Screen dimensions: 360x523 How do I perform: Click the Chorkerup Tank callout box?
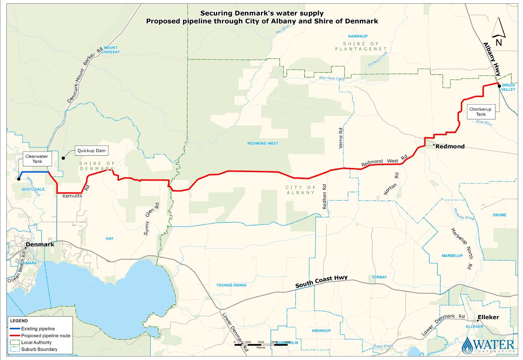[x=480, y=112]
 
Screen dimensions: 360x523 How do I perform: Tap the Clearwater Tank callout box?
[x=37, y=159]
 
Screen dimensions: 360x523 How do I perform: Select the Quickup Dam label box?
[x=91, y=151]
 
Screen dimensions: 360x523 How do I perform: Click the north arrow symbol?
[x=498, y=32]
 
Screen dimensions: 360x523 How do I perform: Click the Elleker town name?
[x=488, y=317]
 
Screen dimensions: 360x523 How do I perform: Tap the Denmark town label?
[x=40, y=245]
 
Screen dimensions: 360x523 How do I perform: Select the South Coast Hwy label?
[x=322, y=282]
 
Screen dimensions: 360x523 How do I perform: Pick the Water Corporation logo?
[x=488, y=345]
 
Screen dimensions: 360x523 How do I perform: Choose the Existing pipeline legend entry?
[x=38, y=329]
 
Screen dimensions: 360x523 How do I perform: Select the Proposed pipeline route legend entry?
[x=46, y=336]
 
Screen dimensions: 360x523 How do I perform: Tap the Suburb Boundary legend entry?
[x=39, y=350]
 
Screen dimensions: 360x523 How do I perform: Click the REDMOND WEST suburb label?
[x=263, y=143]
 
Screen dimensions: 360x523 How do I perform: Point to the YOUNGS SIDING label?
[x=231, y=285]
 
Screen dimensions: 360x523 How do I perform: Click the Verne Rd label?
[x=340, y=138]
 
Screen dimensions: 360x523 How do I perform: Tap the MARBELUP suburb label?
[x=452, y=256]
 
